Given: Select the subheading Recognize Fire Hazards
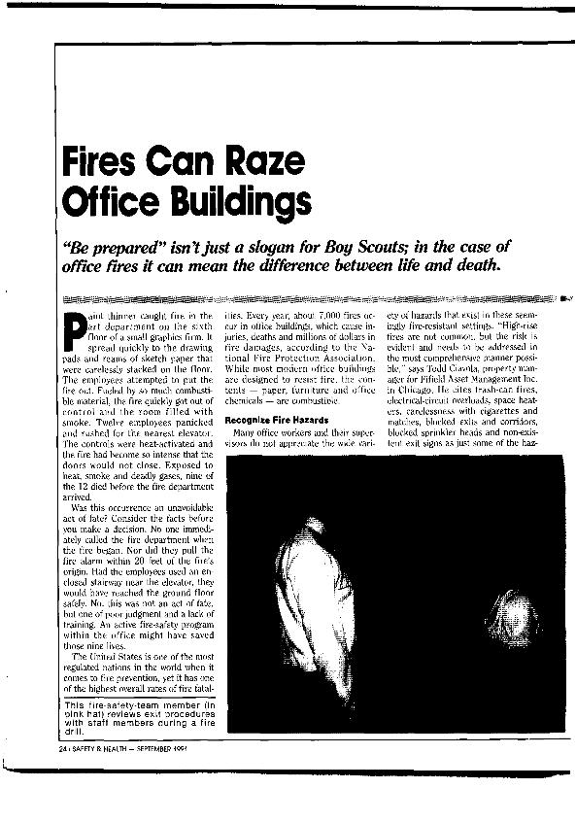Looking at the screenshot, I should (x=269, y=420).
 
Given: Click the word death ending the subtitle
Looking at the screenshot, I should (x=453, y=265).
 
